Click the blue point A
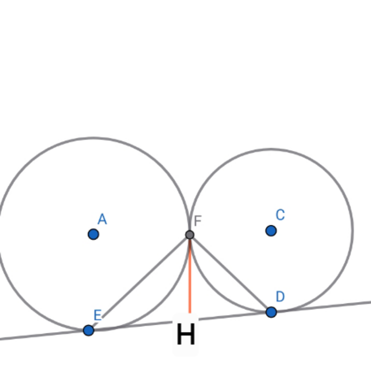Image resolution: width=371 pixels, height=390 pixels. click(93, 234)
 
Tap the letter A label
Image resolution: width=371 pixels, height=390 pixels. click(102, 219)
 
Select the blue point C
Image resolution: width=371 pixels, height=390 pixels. click(271, 231)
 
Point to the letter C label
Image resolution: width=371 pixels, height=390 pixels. click(280, 215)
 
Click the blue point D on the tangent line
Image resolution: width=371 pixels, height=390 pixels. click(271, 312)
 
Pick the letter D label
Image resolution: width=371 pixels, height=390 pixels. click(280, 296)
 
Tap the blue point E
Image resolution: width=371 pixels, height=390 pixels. click(88, 330)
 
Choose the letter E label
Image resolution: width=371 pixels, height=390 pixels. click(97, 315)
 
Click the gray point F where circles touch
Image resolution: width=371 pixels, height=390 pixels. click(190, 235)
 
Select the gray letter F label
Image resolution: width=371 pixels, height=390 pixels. click(198, 221)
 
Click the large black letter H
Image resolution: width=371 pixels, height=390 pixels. click(186, 334)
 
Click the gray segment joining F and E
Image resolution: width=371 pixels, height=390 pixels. click(139, 283)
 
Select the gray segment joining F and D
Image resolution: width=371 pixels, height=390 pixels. click(230, 273)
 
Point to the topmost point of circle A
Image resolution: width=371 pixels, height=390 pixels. click(93, 138)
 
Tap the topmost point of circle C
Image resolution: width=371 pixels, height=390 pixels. click(271, 149)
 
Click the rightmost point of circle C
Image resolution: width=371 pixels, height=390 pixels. click(353, 230)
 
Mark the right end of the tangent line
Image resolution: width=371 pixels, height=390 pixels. click(371, 302)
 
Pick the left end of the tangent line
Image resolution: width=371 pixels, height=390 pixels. click(0, 339)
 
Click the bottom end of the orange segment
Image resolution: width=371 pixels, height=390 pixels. click(190, 313)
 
